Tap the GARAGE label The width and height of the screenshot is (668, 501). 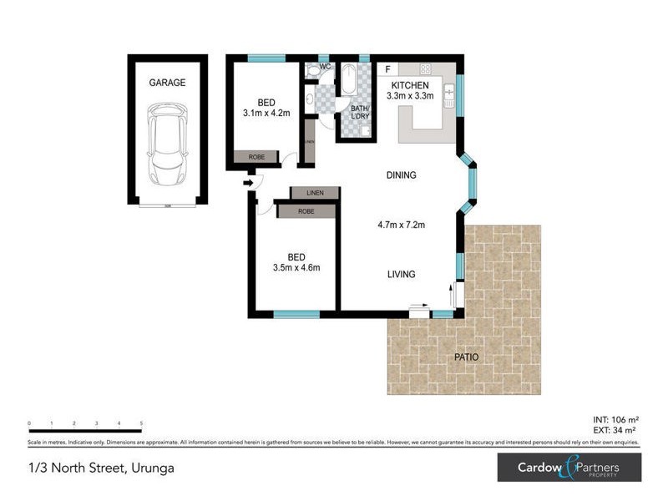point(167,83)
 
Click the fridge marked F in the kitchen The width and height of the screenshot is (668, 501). point(387,68)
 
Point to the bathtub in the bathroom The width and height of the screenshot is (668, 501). point(348,82)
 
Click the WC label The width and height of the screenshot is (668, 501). point(325,67)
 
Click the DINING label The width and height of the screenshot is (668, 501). point(401,175)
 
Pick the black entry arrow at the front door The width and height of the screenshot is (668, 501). point(248,183)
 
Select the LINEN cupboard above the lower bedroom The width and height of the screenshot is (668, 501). point(315,194)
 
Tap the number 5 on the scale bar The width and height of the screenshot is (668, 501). point(141,423)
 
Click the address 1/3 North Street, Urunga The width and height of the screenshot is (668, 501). point(101,468)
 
